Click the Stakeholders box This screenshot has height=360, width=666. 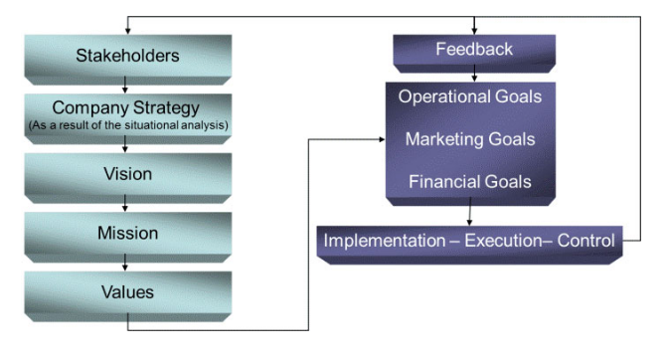(127, 55)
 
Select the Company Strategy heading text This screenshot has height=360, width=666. (126, 107)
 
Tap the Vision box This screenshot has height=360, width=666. (127, 174)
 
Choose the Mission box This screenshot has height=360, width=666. (127, 233)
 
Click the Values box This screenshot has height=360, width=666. (127, 292)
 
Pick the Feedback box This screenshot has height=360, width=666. (474, 49)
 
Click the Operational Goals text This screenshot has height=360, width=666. (469, 97)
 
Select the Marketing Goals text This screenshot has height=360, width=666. (469, 139)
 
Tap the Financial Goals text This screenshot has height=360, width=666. (469, 182)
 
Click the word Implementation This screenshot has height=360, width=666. (382, 241)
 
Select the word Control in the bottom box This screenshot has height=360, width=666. (586, 241)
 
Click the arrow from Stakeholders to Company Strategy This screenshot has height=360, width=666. (125, 86)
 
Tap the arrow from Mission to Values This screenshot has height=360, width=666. (125, 264)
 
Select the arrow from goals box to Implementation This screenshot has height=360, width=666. (469, 215)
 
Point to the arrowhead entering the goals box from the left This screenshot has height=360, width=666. (381, 139)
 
